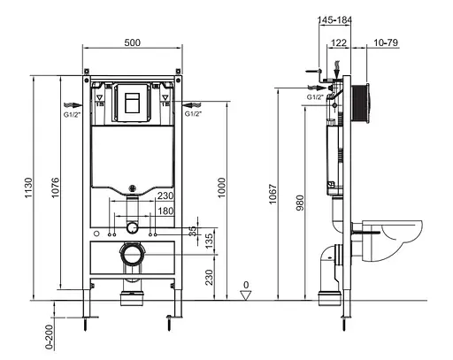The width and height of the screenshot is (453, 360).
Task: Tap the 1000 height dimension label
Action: click(221, 186)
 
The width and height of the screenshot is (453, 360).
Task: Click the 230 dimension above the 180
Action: click(164, 197)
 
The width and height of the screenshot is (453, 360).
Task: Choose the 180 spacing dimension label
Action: click(164, 211)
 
